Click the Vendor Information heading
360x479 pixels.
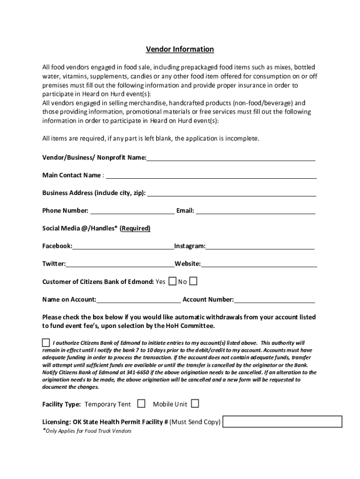[x=180, y=49]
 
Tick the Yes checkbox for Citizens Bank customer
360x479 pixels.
[x=172, y=281]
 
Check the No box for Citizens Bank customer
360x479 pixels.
[x=193, y=281]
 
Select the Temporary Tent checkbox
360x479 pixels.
[x=141, y=403]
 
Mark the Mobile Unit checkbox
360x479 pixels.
[x=194, y=403]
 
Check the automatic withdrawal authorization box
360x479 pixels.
[x=46, y=342]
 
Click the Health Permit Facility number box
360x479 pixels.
[x=282, y=421]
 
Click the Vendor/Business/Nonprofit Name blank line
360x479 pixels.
[x=230, y=158]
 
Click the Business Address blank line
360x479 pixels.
[x=231, y=194]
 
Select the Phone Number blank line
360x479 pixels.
[x=132, y=211]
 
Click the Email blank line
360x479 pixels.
[x=255, y=211]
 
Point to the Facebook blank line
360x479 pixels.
[x=123, y=247]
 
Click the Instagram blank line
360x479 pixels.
[x=259, y=247]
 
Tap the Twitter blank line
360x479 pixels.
[x=120, y=264]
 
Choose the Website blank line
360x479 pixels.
[x=259, y=264]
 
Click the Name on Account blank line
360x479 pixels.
[x=138, y=300]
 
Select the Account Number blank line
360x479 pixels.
[x=274, y=300]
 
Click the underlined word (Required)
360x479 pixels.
[x=135, y=228]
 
